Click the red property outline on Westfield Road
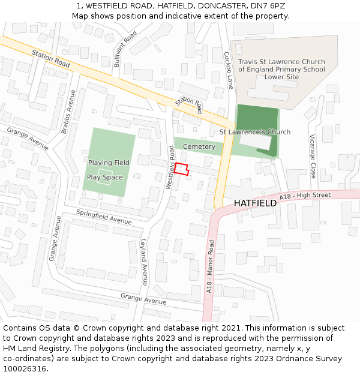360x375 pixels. (182, 169)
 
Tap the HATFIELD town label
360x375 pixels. (255, 203)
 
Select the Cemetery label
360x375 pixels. (199, 147)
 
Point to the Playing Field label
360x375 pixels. (109, 163)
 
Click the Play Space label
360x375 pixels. (105, 177)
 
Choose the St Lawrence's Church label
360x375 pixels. (254, 132)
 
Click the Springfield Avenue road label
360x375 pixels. (104, 217)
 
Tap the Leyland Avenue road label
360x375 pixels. (144, 262)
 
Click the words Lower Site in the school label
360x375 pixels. (281, 77)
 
